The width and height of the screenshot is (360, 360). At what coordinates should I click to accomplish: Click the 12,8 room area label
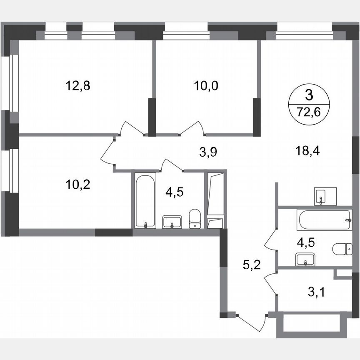click(x=77, y=86)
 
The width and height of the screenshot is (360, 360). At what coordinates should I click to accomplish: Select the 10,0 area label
click(x=206, y=86)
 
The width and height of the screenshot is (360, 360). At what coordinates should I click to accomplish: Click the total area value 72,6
click(x=309, y=111)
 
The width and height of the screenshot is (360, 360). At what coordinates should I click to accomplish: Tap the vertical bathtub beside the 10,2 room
click(x=145, y=201)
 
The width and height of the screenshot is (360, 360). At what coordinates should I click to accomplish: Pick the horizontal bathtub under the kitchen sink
click(x=324, y=219)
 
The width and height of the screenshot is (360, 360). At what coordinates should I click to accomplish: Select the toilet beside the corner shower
click(x=195, y=219)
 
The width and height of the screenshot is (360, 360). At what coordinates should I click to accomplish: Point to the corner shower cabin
click(x=215, y=200)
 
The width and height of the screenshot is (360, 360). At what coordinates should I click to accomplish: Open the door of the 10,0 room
click(x=192, y=128)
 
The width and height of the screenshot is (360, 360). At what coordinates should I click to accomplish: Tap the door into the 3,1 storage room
click(x=270, y=283)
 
